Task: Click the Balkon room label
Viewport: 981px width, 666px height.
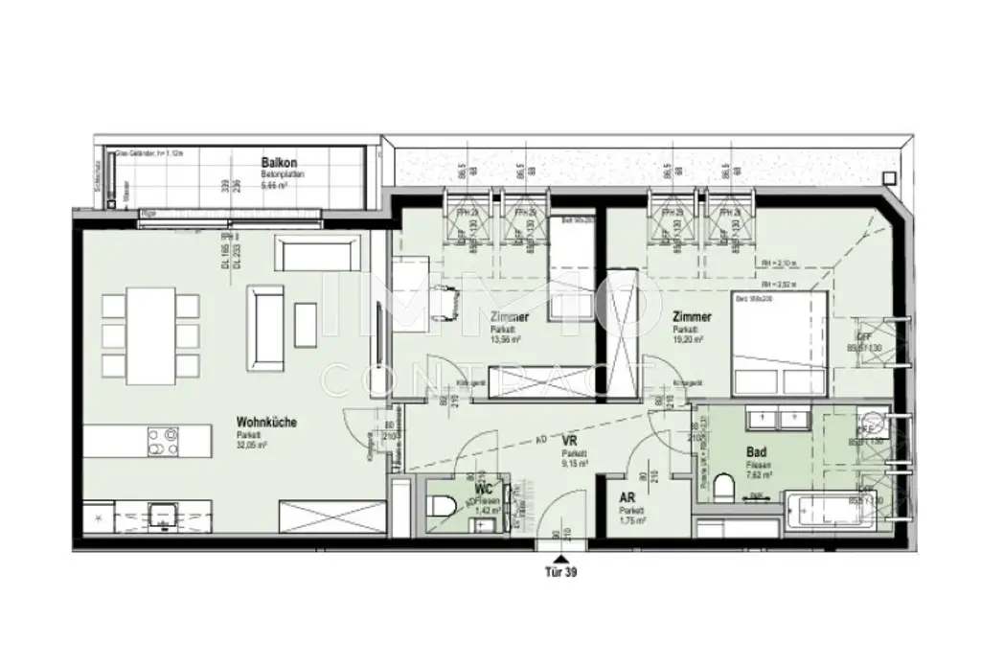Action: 276,163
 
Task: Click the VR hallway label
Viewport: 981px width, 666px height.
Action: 570,443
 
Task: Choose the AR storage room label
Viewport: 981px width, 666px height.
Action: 627,498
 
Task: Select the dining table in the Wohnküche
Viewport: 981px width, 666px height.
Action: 150,333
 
